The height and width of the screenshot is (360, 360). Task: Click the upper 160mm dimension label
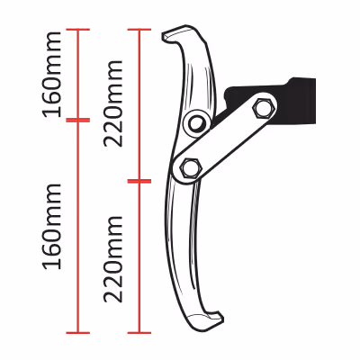tap(52, 74)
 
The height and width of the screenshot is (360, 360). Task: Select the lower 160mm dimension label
tap(52, 227)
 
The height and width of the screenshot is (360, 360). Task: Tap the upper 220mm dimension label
tap(113, 103)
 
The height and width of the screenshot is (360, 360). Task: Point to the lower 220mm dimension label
tap(113, 259)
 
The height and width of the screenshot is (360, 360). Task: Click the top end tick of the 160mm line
tap(78, 30)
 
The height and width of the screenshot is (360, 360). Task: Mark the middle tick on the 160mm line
tap(78, 120)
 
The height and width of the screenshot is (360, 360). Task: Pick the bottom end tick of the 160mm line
tap(78, 333)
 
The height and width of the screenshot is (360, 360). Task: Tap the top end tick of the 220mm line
tap(139, 30)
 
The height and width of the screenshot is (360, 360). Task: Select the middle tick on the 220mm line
tap(139, 181)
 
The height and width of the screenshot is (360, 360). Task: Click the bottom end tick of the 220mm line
tap(139, 333)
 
